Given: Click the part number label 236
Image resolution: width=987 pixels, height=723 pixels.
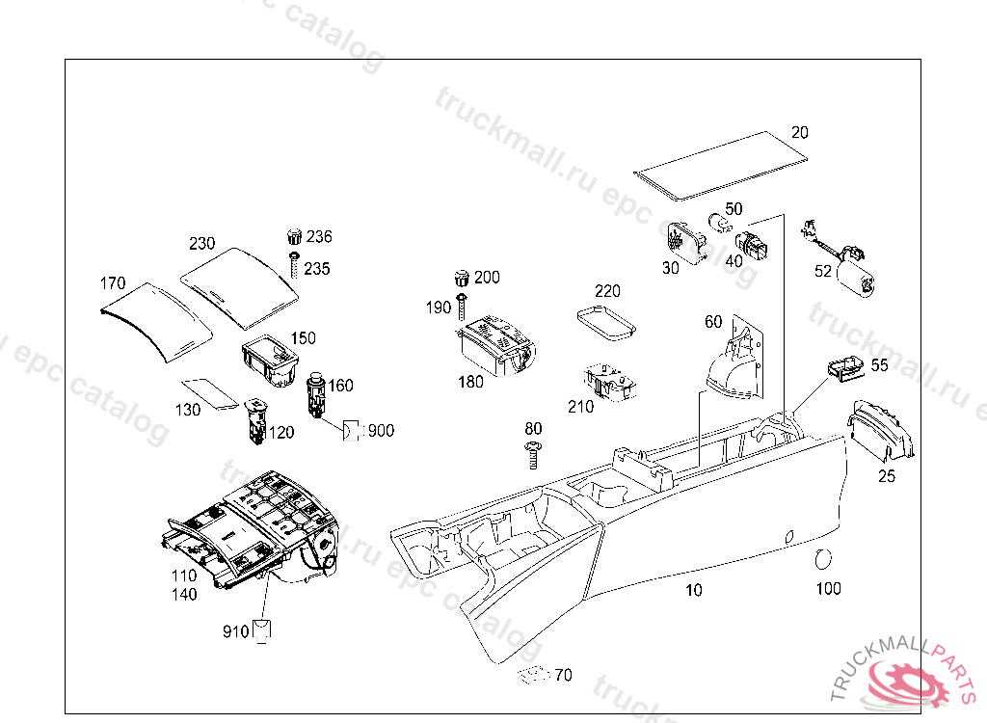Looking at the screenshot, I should click(319, 237).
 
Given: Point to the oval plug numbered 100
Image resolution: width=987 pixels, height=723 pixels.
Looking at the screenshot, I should click(824, 559).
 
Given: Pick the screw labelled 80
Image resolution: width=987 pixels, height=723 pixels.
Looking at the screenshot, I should click(533, 453).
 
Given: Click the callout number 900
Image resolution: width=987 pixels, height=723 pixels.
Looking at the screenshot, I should click(381, 431).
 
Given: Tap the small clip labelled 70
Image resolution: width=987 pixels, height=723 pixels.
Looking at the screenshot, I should click(531, 675).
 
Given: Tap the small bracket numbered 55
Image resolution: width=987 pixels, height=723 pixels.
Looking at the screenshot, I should click(843, 368).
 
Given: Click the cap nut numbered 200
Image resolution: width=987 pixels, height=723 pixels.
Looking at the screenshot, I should click(463, 279).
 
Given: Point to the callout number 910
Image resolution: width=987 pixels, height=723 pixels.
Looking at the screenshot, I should click(235, 631).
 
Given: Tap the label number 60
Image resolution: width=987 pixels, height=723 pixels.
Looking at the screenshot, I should click(713, 322).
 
